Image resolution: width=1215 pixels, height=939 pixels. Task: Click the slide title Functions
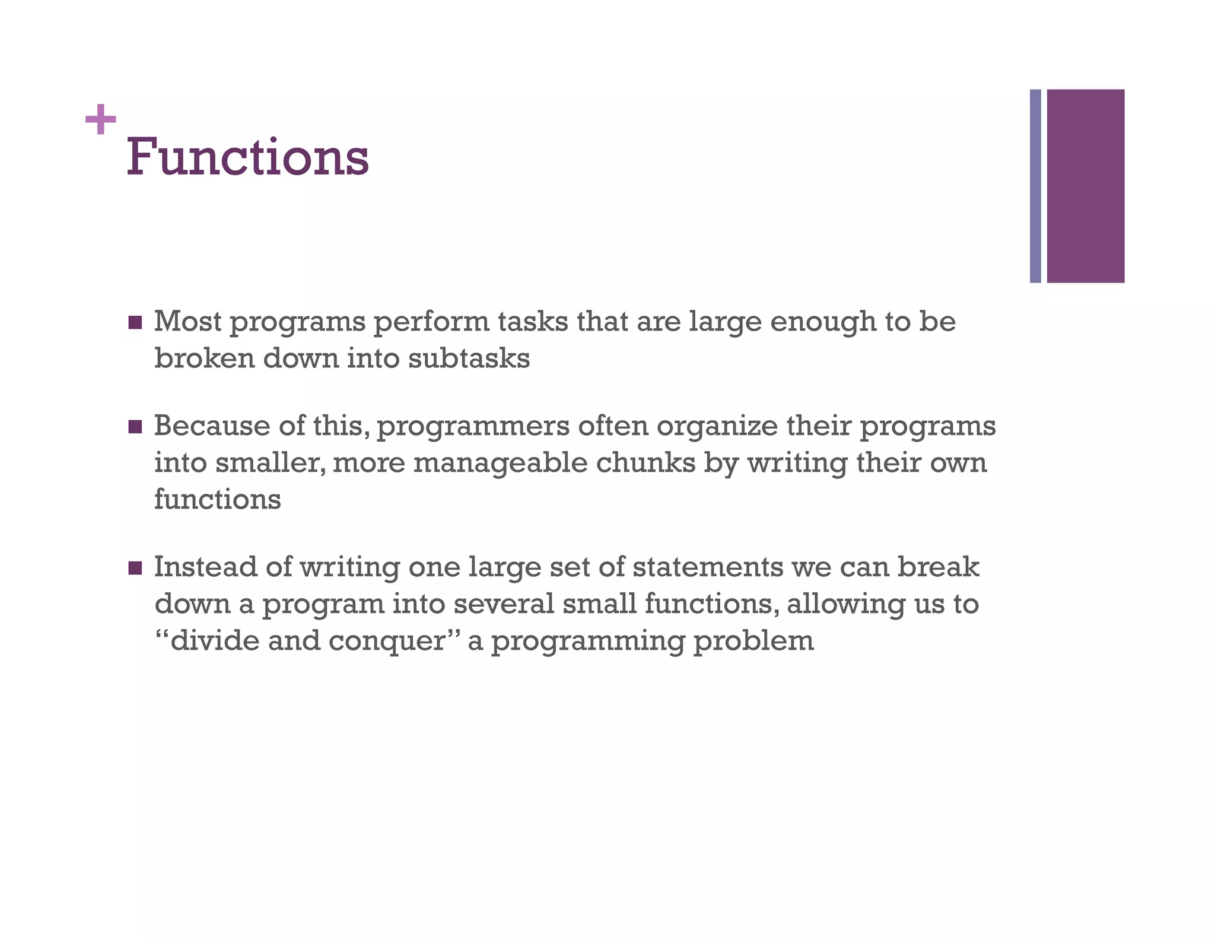247,157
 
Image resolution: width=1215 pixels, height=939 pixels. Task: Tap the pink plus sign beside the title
100,119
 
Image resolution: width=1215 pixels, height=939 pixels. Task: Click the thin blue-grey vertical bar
1035,186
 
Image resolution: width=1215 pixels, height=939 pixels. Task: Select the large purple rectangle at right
1085,186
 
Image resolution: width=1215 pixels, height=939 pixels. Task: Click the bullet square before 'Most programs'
135,323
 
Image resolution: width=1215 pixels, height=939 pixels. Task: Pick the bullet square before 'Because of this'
135,427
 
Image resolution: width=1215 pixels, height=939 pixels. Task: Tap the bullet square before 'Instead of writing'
135,568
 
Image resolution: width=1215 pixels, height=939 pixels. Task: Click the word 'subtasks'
469,359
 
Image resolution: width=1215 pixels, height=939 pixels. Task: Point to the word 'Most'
187,322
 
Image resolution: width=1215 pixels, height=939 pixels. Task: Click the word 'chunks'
645,463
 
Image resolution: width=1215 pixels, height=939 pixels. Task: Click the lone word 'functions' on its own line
217,499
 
